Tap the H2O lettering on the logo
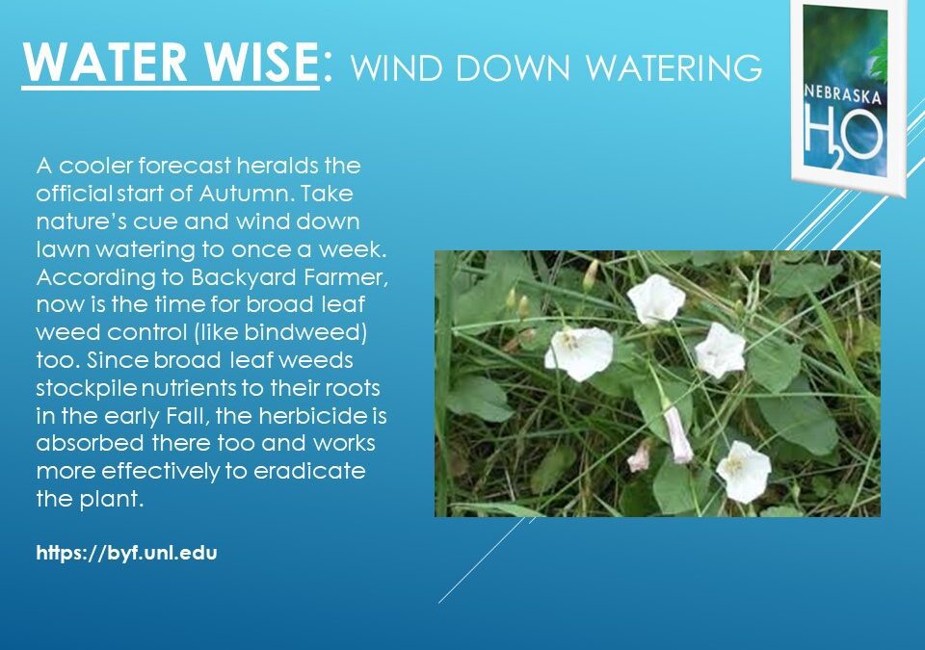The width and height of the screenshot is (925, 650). click(844, 135)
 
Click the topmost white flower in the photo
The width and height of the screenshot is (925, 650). click(656, 299)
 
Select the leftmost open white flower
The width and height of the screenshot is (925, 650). click(579, 351)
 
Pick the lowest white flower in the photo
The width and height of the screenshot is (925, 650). click(744, 471)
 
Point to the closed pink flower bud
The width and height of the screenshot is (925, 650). click(677, 435)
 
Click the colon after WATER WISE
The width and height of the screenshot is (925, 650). click(328, 65)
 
